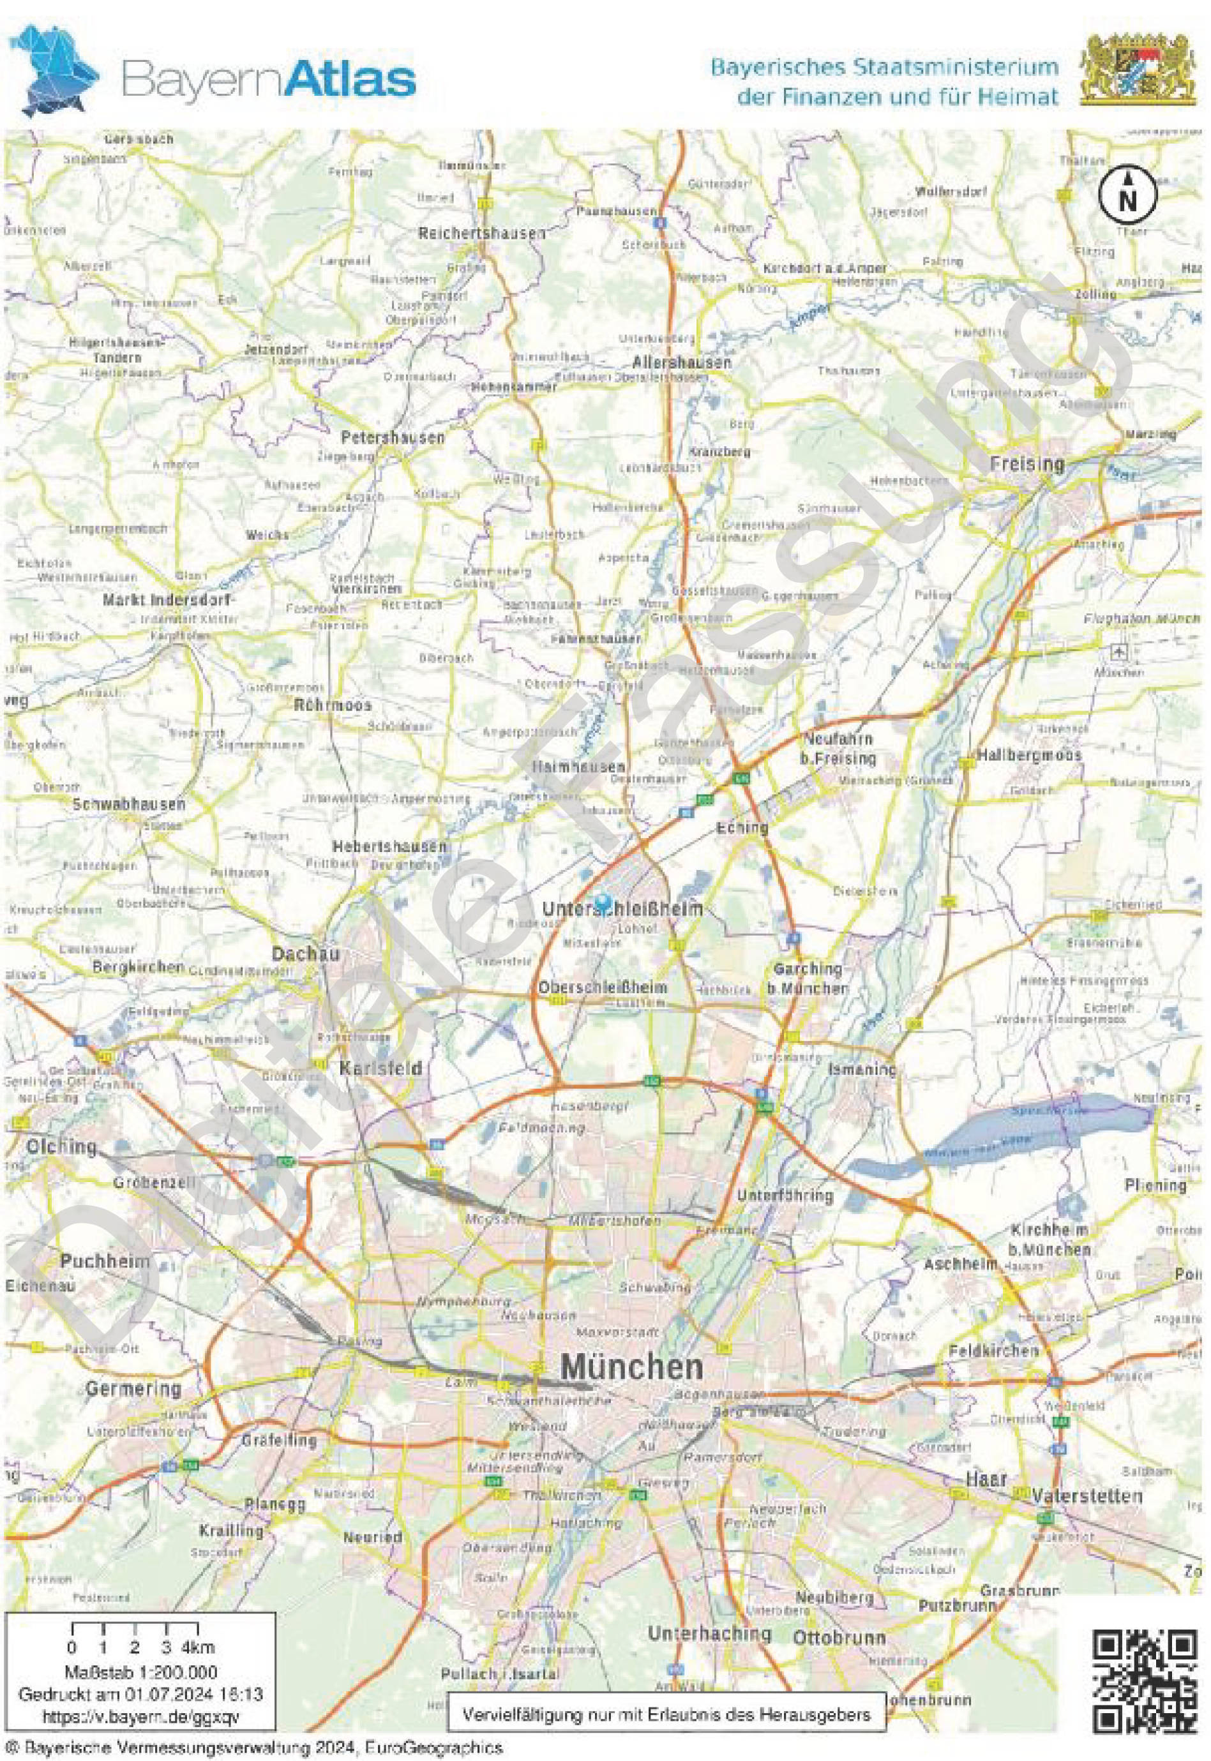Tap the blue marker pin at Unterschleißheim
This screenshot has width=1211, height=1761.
point(603,901)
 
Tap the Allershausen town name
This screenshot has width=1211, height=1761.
point(682,362)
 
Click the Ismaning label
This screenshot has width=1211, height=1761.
point(862,1069)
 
